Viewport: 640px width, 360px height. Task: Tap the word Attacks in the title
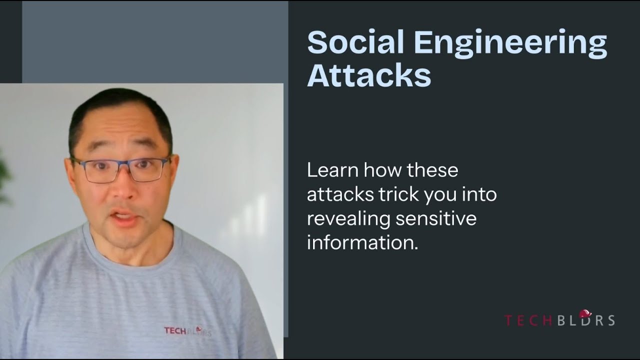[368, 76]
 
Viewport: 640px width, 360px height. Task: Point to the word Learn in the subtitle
[331, 170]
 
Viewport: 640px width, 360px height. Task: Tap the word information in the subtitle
[361, 243]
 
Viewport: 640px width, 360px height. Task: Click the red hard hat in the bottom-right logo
[584, 314]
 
